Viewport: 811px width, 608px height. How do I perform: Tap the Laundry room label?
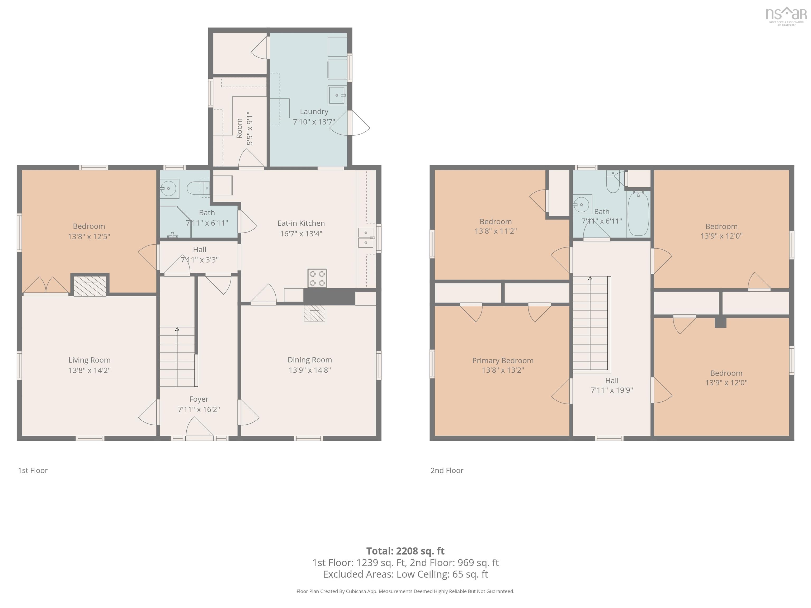click(314, 111)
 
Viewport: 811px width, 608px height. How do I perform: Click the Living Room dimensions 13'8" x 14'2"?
click(89, 370)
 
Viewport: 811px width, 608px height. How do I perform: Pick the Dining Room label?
click(310, 360)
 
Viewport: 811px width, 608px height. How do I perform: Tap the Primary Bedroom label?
click(503, 361)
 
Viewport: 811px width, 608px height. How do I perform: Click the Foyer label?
click(199, 399)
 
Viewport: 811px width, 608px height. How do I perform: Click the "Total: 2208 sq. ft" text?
click(405, 551)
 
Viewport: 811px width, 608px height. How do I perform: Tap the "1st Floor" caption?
click(33, 470)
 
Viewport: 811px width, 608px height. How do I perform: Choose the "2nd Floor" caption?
click(447, 470)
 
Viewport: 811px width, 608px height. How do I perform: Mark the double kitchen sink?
click(366, 238)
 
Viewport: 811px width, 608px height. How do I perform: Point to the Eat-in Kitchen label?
click(301, 223)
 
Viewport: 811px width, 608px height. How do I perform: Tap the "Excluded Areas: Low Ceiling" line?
click(405, 574)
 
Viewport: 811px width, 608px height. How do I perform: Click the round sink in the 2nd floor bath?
click(581, 205)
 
